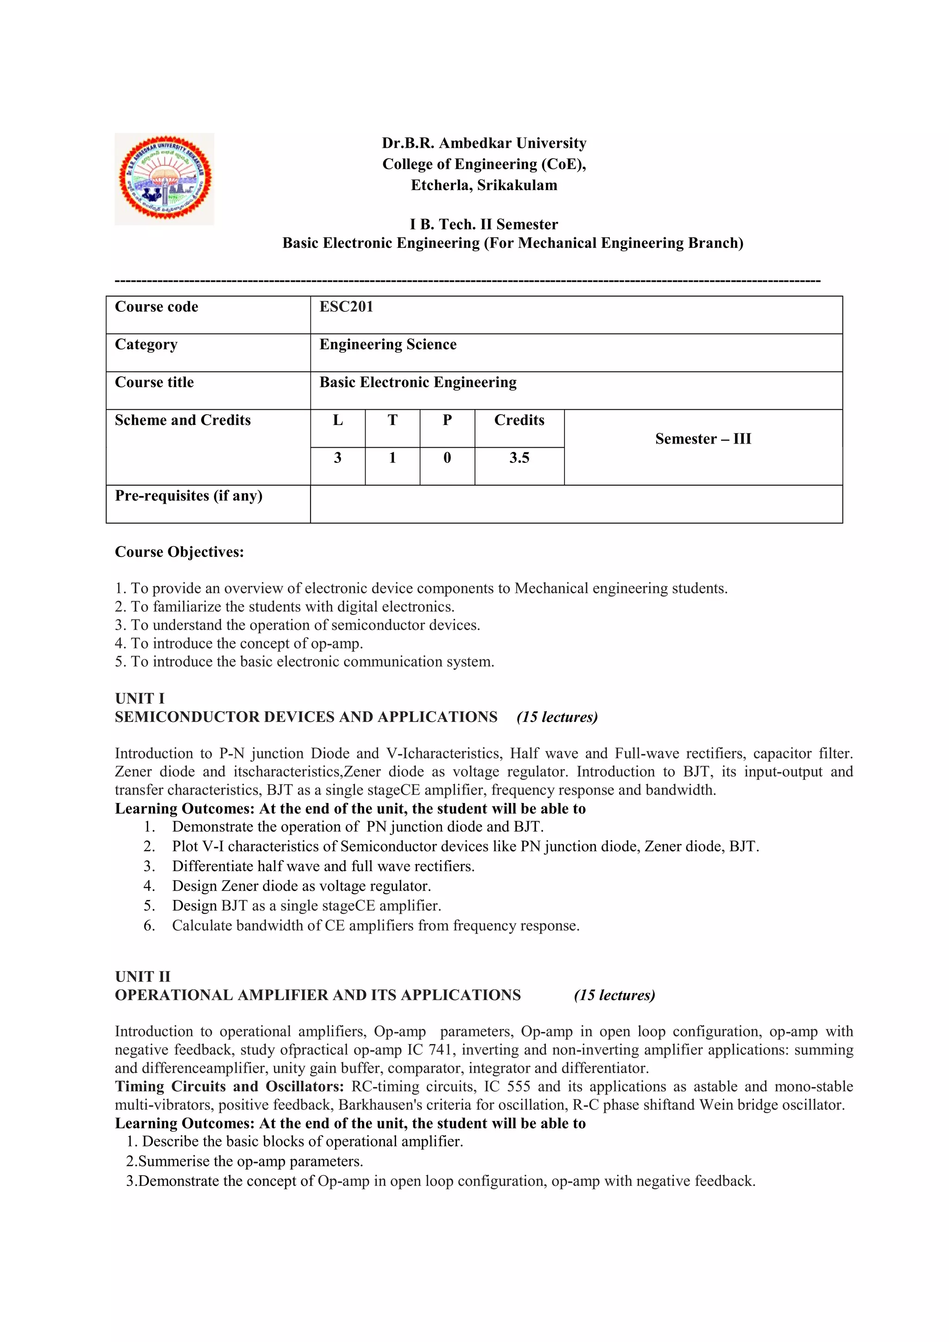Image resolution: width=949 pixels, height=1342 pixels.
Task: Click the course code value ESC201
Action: (346, 307)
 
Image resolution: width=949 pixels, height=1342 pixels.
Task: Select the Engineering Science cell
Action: (388, 344)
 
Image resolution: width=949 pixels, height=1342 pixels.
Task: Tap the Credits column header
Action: (519, 420)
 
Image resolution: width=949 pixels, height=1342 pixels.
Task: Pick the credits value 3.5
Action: (519, 458)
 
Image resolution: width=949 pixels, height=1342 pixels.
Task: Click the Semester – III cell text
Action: (703, 439)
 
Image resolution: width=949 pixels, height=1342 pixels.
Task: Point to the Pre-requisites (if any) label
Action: (188, 496)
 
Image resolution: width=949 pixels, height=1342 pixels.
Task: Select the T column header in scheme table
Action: (392, 420)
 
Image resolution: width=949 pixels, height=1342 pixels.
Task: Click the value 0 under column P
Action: (447, 458)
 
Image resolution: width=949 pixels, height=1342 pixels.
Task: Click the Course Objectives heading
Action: (179, 552)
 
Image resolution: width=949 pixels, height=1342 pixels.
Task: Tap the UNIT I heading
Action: (139, 698)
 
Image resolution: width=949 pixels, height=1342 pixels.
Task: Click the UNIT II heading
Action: (143, 977)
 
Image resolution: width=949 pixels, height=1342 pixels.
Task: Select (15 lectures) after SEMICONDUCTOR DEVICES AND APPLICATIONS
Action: (557, 717)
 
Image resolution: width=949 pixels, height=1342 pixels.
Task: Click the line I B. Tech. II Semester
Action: (483, 224)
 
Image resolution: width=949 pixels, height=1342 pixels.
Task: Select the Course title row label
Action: (154, 382)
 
